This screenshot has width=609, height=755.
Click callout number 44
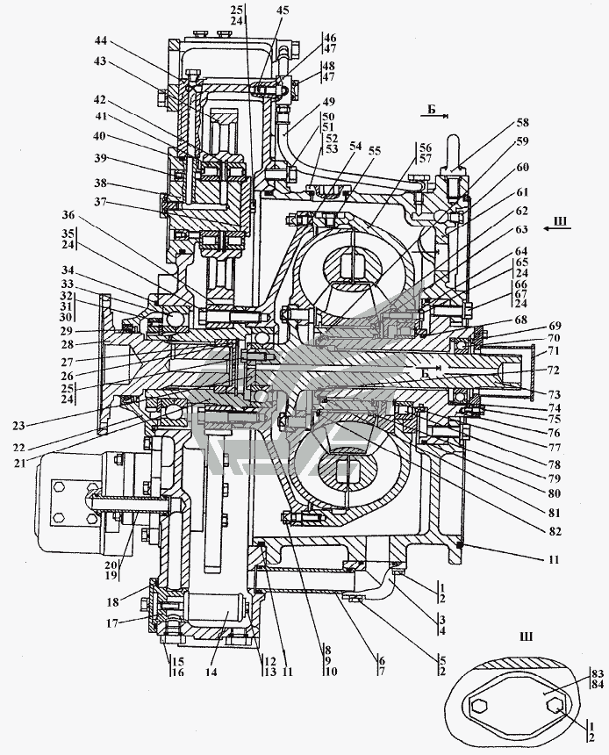[x=102, y=42]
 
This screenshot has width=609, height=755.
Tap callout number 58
[x=522, y=123]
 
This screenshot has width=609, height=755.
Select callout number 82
[x=555, y=531]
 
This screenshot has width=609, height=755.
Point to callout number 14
[x=211, y=672]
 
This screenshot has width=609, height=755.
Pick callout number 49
[x=329, y=102]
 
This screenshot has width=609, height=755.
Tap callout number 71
[x=554, y=351]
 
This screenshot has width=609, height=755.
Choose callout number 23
[x=19, y=425]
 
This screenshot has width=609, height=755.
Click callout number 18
[x=113, y=603]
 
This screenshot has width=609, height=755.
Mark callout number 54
[x=355, y=146]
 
